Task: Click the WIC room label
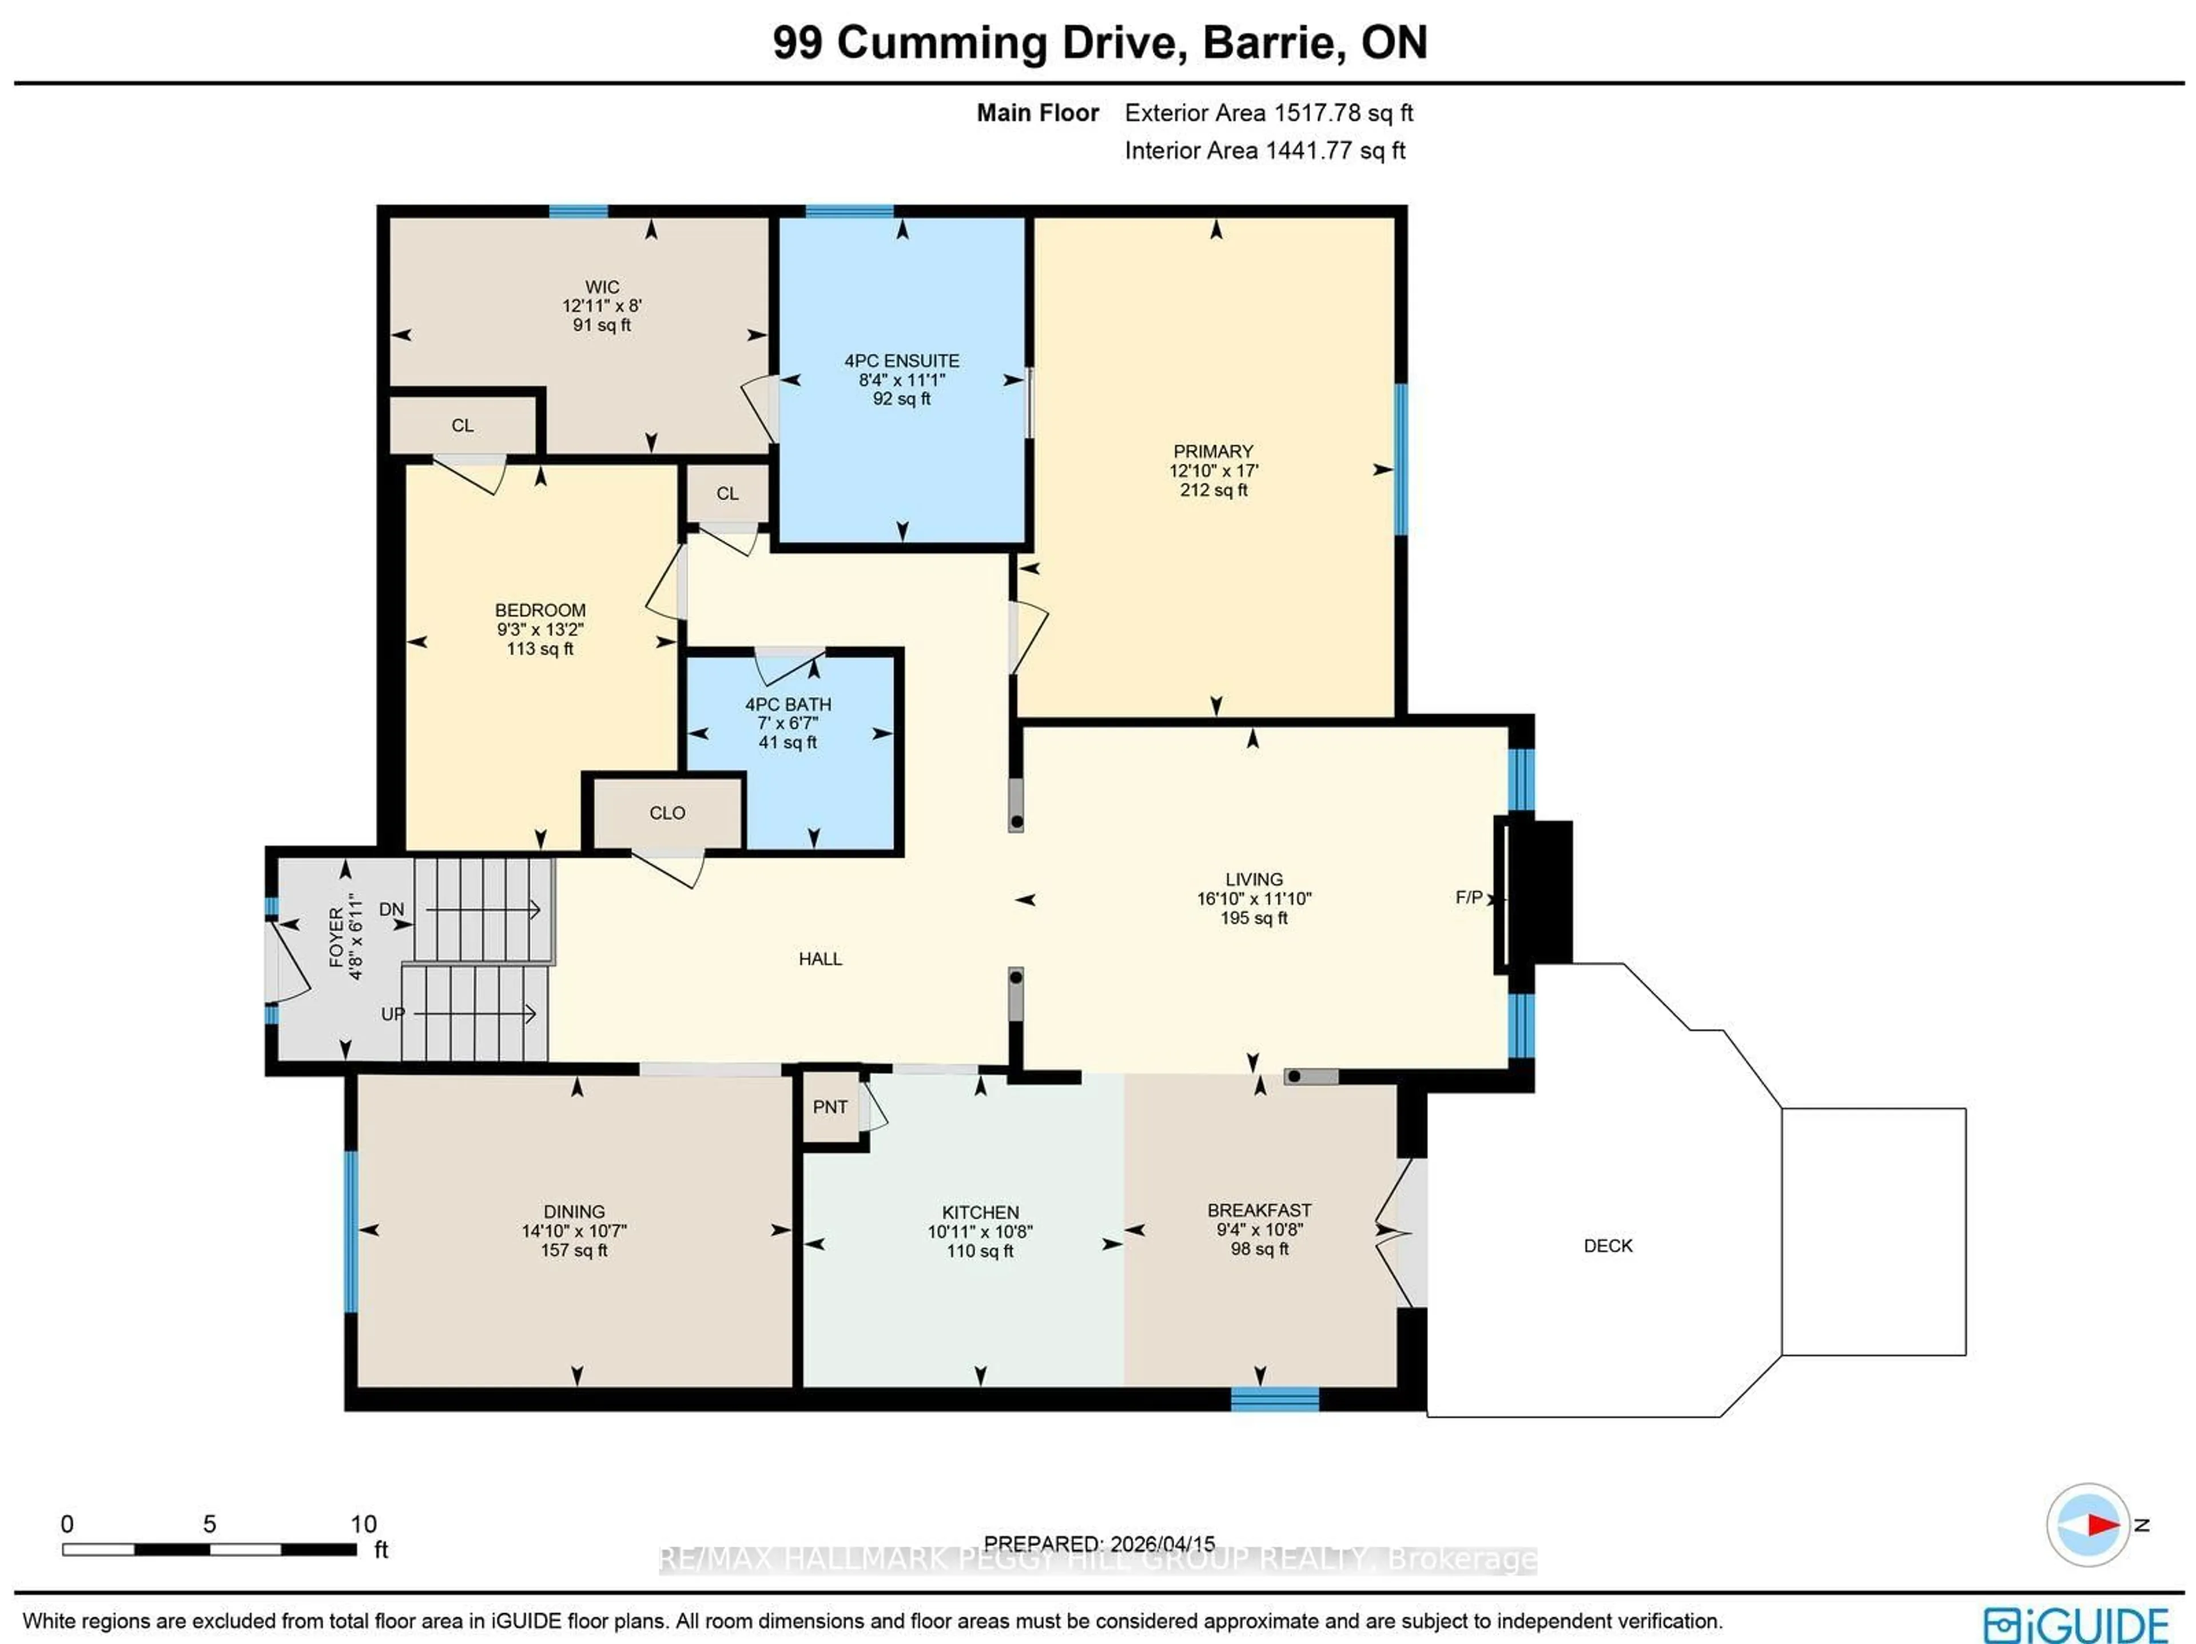pos(602,287)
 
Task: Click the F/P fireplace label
pos(1469,897)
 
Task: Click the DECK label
pos(1608,1246)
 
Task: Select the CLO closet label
pos(667,813)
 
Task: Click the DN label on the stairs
pos(391,909)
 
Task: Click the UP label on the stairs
pos(393,1014)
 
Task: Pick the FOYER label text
pos(336,936)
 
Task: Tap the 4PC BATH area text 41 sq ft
pos(787,743)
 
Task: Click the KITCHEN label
pos(980,1212)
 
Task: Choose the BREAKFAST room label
pos(1259,1210)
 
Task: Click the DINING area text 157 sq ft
pos(574,1250)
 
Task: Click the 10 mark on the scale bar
pos(363,1524)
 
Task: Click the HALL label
pos(820,959)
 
